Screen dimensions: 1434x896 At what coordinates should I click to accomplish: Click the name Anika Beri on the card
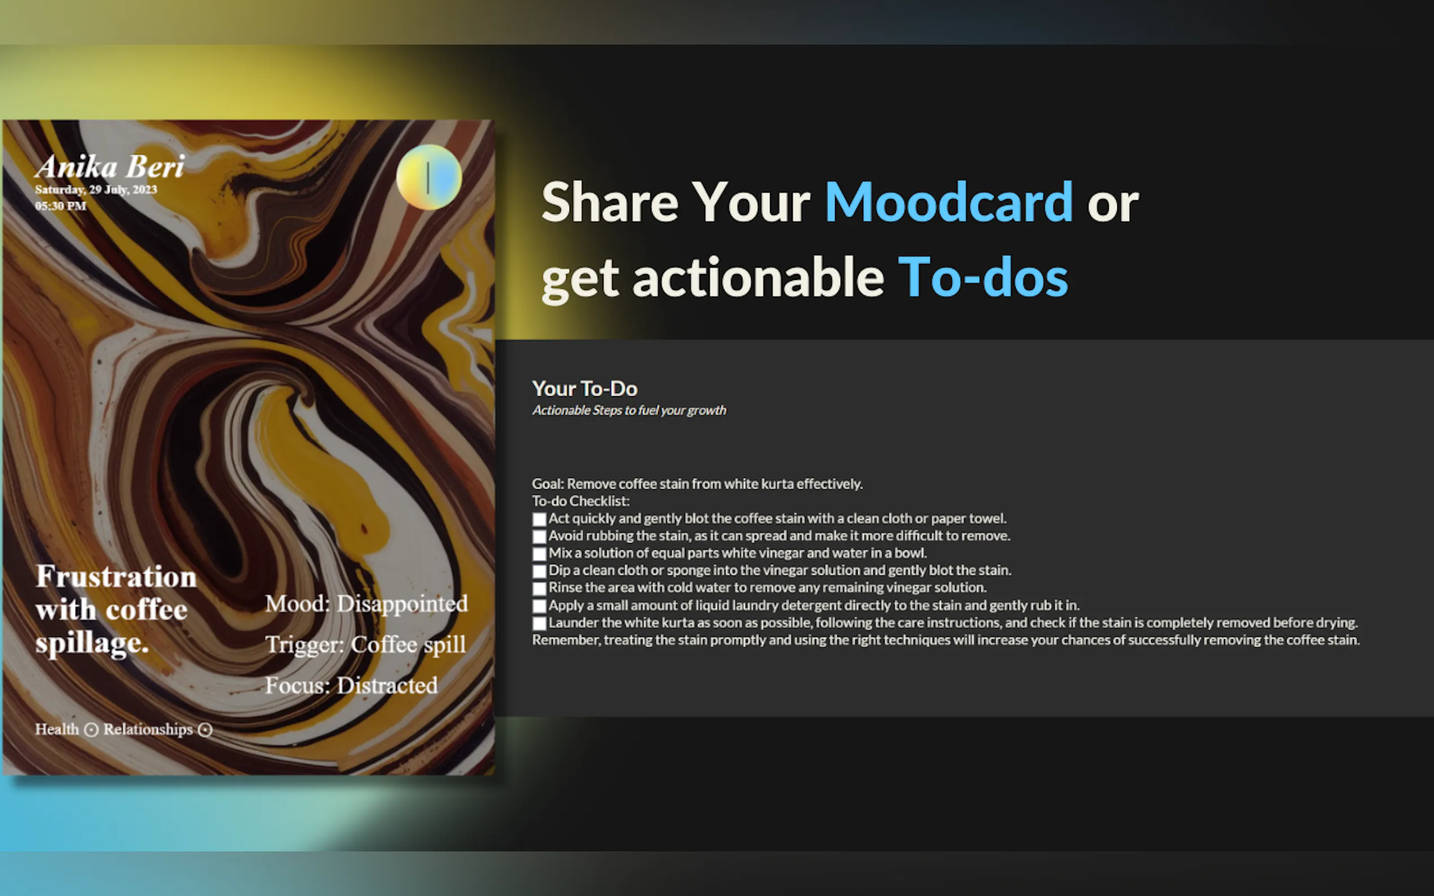pyautogui.click(x=110, y=166)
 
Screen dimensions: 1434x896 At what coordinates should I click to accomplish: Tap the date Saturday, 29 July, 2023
pyautogui.click(x=96, y=190)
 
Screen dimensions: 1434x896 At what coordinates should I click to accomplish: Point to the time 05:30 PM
pyautogui.click(x=60, y=205)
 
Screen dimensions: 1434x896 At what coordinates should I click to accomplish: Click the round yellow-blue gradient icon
pyautogui.click(x=429, y=177)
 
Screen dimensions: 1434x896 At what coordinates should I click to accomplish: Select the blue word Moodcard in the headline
pyautogui.click(x=948, y=203)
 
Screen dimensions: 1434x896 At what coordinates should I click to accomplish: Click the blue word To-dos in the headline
pyautogui.click(x=983, y=278)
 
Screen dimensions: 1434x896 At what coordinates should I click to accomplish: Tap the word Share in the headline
pyautogui.click(x=609, y=203)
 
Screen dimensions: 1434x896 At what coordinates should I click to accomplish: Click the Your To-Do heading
pyautogui.click(x=584, y=389)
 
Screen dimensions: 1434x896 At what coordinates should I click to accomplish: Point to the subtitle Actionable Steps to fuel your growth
pyautogui.click(x=629, y=410)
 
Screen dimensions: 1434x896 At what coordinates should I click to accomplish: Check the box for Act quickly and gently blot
pyautogui.click(x=539, y=520)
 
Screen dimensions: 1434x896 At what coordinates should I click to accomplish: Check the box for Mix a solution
pyautogui.click(x=539, y=554)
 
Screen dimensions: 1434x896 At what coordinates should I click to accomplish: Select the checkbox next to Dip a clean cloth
pyautogui.click(x=539, y=571)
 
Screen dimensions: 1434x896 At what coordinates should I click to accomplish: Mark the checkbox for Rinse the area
pyautogui.click(x=539, y=589)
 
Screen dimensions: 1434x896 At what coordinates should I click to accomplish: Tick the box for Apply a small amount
pyautogui.click(x=539, y=606)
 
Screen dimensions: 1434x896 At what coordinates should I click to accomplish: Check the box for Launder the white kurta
pyautogui.click(x=539, y=623)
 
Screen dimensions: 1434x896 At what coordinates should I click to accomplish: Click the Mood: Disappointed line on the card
pyautogui.click(x=366, y=604)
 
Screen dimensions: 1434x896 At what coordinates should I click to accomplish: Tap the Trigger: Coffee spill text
pyautogui.click(x=365, y=645)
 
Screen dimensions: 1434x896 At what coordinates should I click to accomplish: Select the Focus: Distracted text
pyautogui.click(x=351, y=686)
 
